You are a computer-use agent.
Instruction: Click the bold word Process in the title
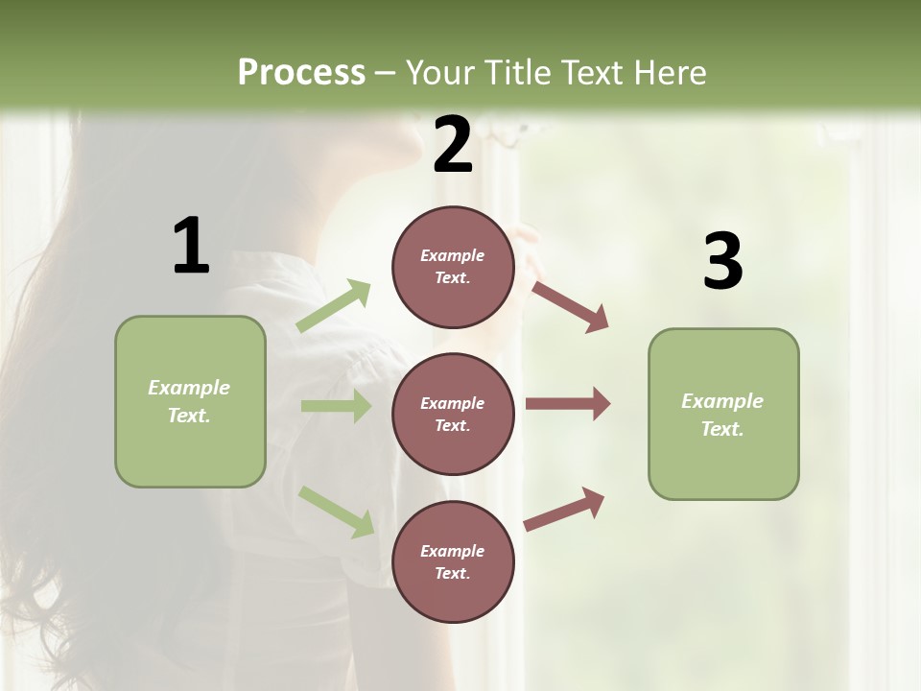(x=301, y=72)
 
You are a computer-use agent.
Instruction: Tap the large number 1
(x=191, y=246)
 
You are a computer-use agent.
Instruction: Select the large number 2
(x=453, y=144)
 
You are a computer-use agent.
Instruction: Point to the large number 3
(x=722, y=261)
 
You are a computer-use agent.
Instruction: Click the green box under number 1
(x=190, y=401)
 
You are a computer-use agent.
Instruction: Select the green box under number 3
(x=723, y=415)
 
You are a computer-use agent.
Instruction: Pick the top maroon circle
(x=453, y=267)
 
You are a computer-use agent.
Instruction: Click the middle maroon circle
(x=453, y=414)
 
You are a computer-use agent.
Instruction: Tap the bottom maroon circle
(x=453, y=561)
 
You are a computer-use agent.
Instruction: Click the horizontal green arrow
(x=336, y=406)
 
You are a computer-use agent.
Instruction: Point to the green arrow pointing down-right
(x=337, y=512)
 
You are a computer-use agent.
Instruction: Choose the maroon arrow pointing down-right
(x=570, y=306)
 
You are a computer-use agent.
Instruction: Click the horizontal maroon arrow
(x=568, y=403)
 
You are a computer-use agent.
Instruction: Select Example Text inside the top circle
(x=453, y=267)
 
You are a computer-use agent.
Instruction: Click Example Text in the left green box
(x=189, y=401)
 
